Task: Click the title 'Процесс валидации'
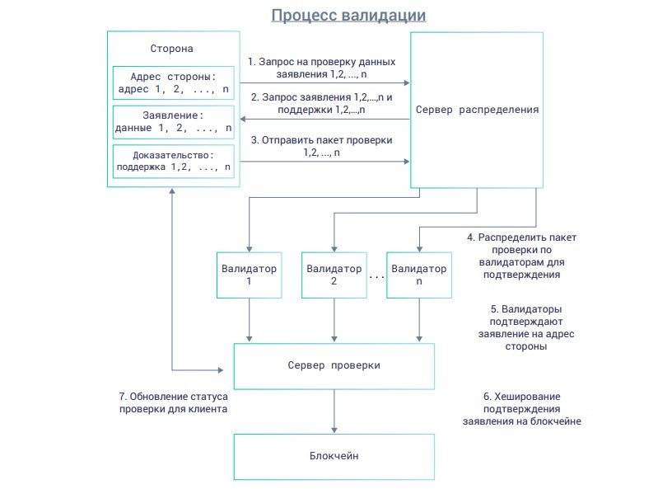(349, 16)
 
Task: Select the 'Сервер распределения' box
(477, 110)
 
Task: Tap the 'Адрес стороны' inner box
(173, 84)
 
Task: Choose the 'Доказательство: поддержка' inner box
(173, 161)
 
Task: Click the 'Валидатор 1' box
(249, 275)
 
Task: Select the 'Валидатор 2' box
(334, 275)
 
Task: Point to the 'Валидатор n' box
(418, 275)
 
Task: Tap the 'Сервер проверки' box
(334, 365)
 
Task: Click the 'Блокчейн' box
(334, 455)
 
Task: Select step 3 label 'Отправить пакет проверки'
(321, 146)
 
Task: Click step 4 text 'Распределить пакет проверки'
(521, 255)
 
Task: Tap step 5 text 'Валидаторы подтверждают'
(525, 328)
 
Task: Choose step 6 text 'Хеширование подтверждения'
(522, 409)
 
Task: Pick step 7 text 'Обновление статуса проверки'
(173, 402)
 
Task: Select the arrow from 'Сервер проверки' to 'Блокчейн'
(334, 411)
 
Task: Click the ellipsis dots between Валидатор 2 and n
(376, 277)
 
